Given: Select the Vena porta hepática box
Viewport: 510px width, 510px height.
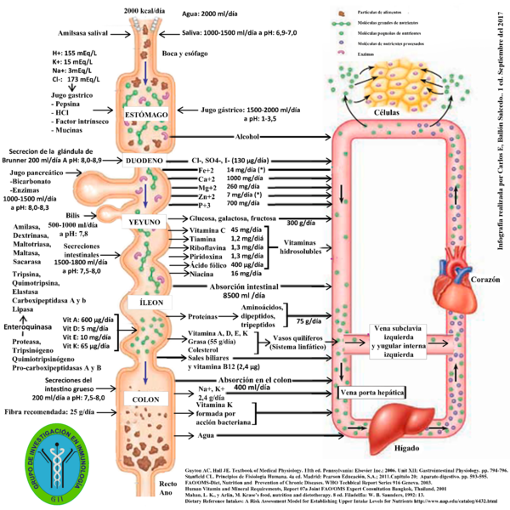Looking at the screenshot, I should pos(372,393).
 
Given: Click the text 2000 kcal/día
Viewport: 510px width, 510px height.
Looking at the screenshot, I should pos(142,9).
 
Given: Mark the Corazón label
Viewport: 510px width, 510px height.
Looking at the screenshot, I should pos(480,278).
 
